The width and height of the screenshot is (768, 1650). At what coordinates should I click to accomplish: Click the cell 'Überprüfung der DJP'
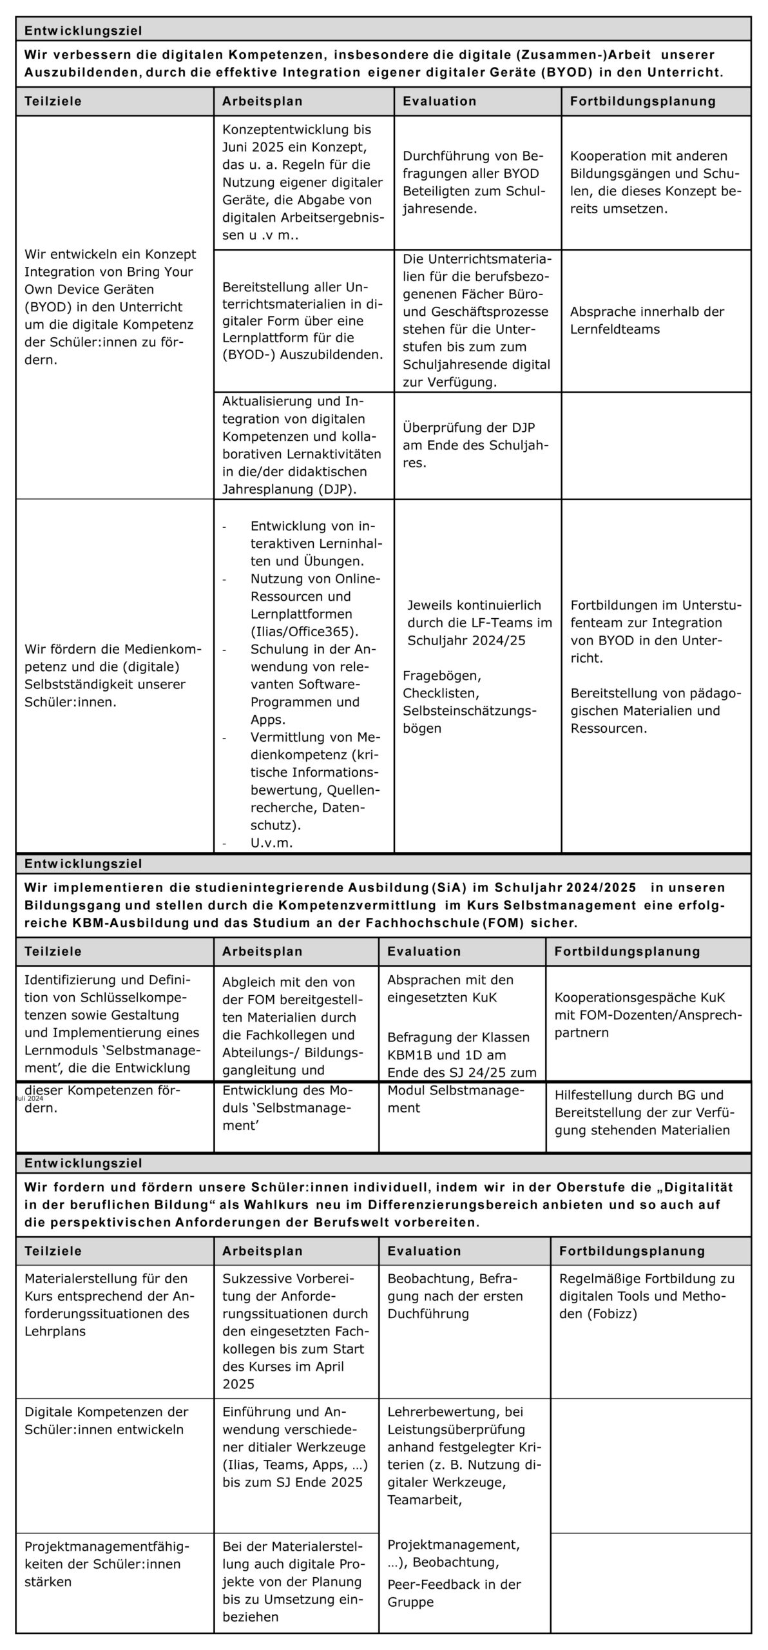[x=468, y=427]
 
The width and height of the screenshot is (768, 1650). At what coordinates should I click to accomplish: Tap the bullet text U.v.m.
[x=271, y=842]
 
